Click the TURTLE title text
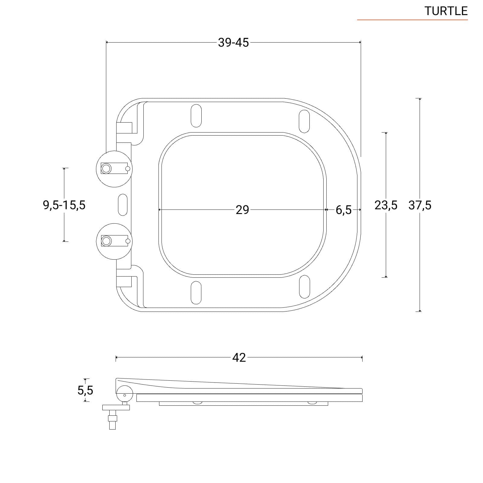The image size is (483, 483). [446, 11]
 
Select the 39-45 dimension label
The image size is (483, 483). [233, 43]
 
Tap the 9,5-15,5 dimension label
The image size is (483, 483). [64, 205]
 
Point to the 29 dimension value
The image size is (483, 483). [242, 210]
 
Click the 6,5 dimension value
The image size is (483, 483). [344, 210]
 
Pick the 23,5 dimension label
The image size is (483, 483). [386, 205]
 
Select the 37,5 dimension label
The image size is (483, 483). [420, 205]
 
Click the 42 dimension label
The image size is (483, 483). [239, 357]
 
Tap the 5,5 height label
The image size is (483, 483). [85, 390]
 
